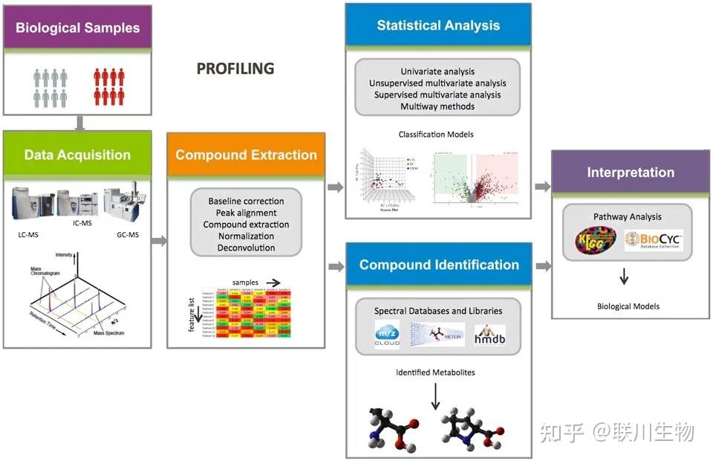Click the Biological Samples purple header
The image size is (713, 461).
pos(77,28)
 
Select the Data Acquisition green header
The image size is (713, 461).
pos(77,155)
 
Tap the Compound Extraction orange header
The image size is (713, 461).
pos(246,155)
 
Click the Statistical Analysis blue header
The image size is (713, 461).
pos(438,25)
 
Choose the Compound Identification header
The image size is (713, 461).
pos(438,265)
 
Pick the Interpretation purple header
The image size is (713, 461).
pos(631,172)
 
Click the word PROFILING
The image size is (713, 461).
pos(235,69)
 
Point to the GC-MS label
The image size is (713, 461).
pos(128,235)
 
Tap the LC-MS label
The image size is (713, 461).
pos(30,235)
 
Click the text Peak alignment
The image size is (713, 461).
pos(246,213)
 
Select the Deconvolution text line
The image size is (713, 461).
pos(246,248)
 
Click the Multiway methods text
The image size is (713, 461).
pos(437,106)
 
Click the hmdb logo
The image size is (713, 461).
pos(489,335)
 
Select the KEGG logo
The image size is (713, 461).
pos(596,241)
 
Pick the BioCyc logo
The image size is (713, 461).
pos(654,242)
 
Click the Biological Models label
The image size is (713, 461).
pos(628,306)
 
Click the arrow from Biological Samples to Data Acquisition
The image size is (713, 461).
pos(77,123)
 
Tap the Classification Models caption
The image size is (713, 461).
pos(436,135)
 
